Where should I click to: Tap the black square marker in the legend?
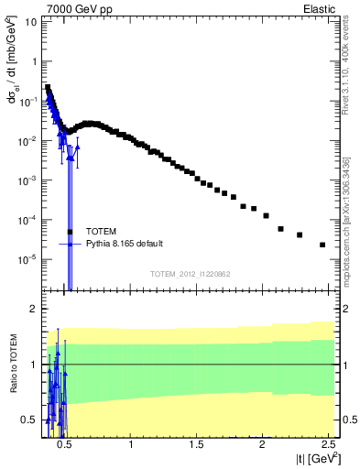[70, 232]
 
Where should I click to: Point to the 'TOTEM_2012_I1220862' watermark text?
[191, 274]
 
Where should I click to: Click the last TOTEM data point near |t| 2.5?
[322, 245]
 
